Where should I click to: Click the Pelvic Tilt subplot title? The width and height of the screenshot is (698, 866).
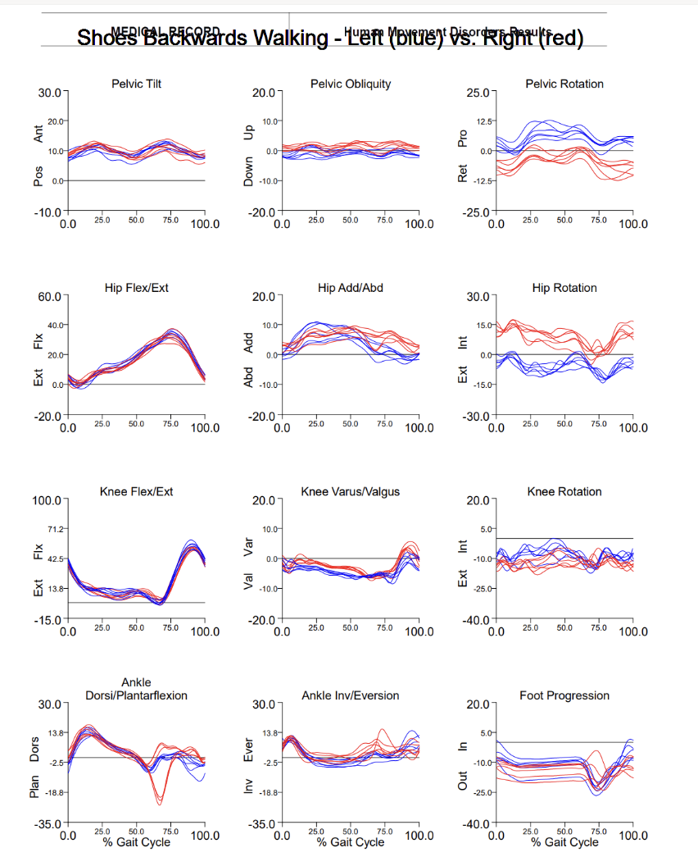click(136, 84)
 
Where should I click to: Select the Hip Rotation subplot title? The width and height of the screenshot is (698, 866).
click(564, 288)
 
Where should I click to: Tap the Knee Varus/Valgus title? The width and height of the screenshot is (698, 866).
click(350, 491)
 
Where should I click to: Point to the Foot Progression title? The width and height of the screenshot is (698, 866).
click(564, 695)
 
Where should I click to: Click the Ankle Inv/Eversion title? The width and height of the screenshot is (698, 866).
click(350, 695)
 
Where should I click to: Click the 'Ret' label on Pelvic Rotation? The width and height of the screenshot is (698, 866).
click(464, 173)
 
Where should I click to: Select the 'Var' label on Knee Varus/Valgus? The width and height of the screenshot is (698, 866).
click(250, 543)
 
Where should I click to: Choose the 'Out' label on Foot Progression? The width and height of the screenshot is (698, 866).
click(464, 784)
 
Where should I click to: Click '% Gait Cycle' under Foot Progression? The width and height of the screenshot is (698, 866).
click(564, 842)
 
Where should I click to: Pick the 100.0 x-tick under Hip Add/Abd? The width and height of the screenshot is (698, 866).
click(419, 427)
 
